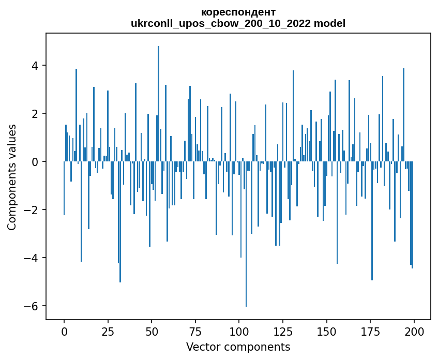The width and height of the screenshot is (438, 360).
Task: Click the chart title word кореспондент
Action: click(238, 12)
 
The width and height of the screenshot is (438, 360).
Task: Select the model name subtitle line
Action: click(238, 23)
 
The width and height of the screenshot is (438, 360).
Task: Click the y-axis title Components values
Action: click(12, 177)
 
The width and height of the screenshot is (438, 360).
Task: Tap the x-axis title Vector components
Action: click(238, 347)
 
